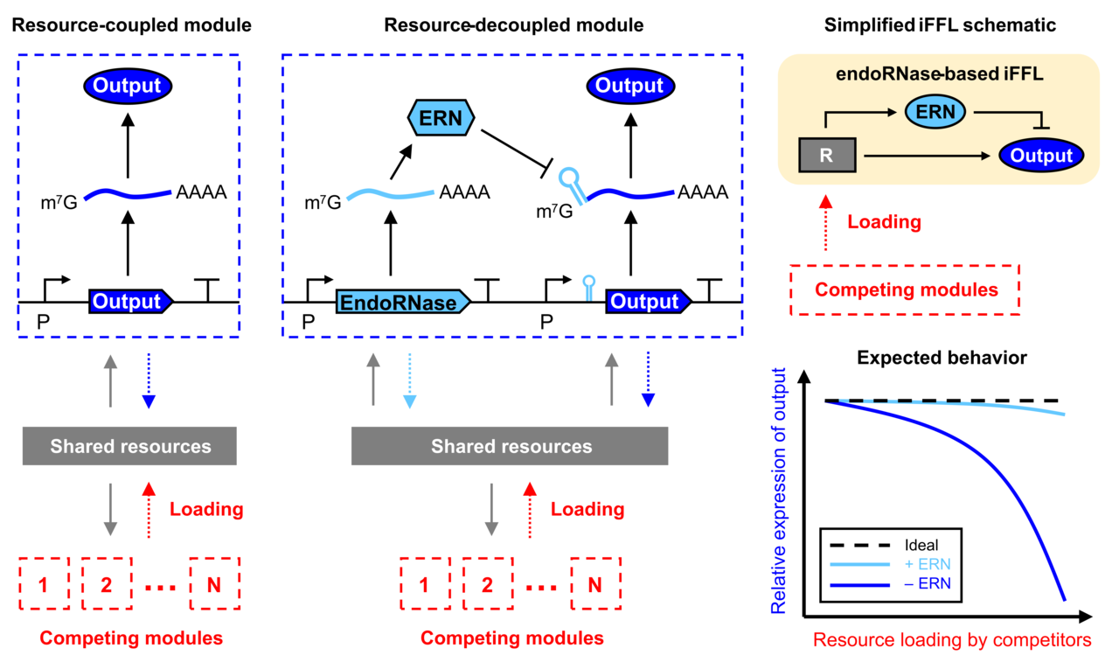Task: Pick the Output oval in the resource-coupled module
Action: point(128,86)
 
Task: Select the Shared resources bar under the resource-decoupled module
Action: point(510,447)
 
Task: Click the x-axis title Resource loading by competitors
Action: point(952,640)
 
